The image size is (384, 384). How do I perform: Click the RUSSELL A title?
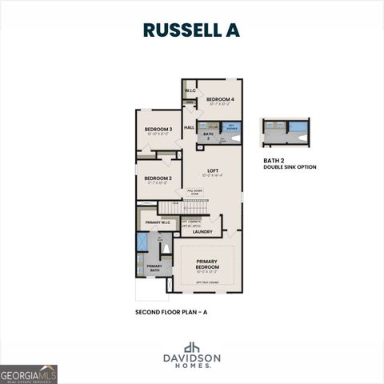(x=191, y=30)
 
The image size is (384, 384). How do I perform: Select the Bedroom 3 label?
(x=158, y=129)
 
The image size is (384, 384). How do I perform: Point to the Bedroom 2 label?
(x=158, y=178)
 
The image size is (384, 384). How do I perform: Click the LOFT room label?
(x=213, y=170)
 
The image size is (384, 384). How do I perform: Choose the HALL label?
(x=190, y=128)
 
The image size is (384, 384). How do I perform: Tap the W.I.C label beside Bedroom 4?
(x=190, y=91)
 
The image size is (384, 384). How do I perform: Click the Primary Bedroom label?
(x=206, y=262)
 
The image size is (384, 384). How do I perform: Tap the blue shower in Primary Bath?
(x=142, y=242)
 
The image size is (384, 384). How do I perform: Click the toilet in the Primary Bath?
(x=166, y=248)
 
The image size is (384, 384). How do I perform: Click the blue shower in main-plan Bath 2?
(x=230, y=126)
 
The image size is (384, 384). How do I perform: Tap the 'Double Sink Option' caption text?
(x=290, y=167)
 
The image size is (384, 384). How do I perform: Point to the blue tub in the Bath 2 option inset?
(x=298, y=126)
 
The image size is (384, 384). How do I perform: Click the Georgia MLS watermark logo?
(x=29, y=374)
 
